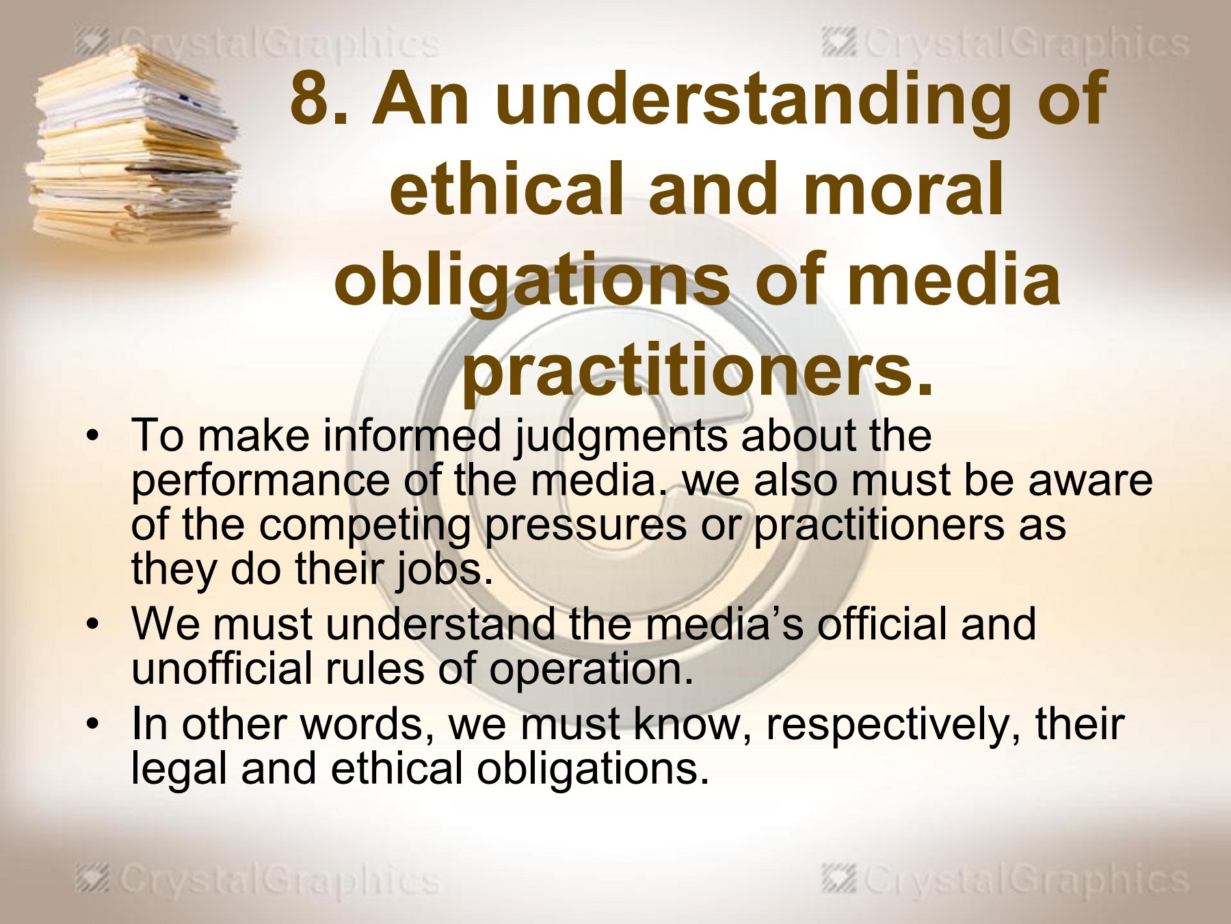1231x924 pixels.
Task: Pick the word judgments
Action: pos(621,438)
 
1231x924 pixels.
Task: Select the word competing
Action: pos(365,526)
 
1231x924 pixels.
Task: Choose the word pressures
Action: pos(585,526)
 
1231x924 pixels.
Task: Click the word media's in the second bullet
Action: pos(724,624)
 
